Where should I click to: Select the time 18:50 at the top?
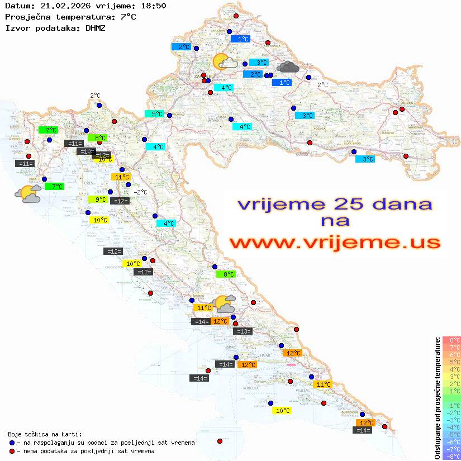coord(153,6)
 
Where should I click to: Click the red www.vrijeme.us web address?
coord(334,243)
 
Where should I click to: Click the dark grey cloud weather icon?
coord(288,68)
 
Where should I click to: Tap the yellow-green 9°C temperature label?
coord(100,199)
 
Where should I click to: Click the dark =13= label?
coord(243,331)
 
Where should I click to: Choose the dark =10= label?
coord(87,151)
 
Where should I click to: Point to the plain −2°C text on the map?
coord(140,192)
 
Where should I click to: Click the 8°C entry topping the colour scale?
coord(452,340)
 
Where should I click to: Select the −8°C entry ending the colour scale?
coord(452,457)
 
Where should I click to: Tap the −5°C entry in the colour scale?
coord(452,435)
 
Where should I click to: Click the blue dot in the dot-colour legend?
coord(12,443)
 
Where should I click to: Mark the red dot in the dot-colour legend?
coord(12,451)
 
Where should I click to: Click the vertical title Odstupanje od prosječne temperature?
coord(436,398)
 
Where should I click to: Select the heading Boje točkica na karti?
coord(45,434)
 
